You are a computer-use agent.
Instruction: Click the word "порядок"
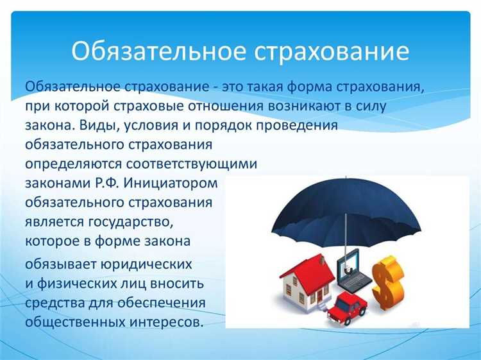[x=222, y=125]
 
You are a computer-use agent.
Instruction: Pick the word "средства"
[x=56, y=302]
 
